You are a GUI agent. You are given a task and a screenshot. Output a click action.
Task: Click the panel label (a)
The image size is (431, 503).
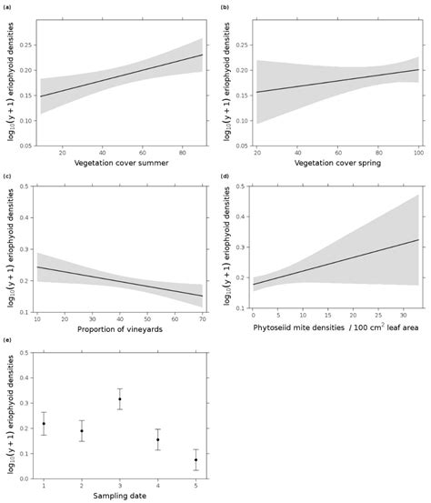[x=6, y=7]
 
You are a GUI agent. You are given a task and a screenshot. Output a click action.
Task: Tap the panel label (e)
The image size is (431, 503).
[x=6, y=340]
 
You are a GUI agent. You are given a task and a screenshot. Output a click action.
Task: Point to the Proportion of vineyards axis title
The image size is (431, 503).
[x=118, y=328]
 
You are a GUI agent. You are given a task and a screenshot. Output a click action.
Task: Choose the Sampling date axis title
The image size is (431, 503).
[x=118, y=495]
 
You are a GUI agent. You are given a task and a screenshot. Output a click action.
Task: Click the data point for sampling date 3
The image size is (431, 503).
[x=119, y=399]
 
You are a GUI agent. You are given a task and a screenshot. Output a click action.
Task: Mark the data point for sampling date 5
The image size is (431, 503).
[x=195, y=460]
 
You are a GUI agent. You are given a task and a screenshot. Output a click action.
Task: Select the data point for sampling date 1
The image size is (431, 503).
[x=44, y=424]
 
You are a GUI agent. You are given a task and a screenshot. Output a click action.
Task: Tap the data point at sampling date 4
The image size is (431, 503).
[x=157, y=440]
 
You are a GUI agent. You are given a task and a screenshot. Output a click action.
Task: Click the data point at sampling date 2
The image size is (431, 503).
[x=82, y=431]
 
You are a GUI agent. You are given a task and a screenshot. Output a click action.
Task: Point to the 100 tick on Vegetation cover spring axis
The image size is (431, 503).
[x=417, y=152]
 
